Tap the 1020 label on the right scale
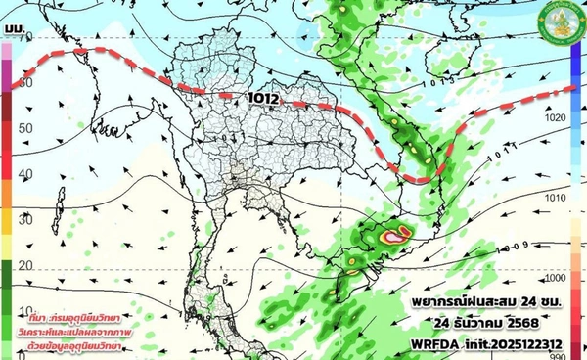point(556,116)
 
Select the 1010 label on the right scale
point(556,197)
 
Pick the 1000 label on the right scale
point(556,277)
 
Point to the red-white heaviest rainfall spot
point(396,236)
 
